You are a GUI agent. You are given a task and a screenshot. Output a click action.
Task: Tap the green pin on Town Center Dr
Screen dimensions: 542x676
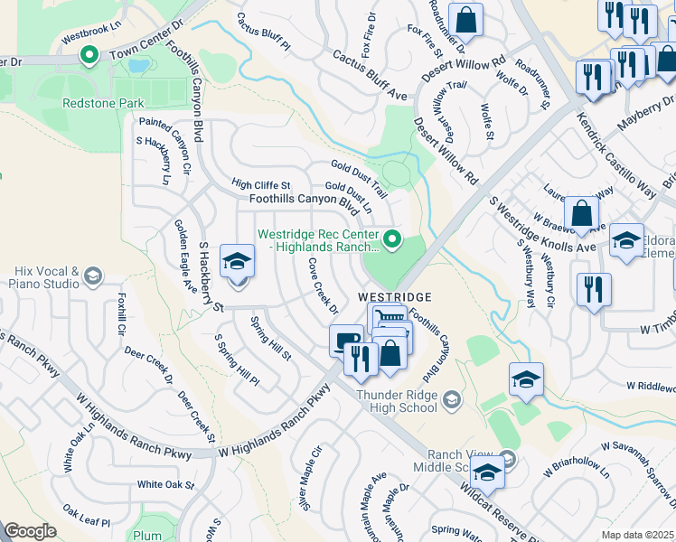(x=89, y=56)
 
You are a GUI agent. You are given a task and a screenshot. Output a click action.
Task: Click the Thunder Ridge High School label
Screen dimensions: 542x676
(x=398, y=401)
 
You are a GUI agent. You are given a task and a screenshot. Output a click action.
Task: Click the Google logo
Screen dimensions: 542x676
(x=31, y=531)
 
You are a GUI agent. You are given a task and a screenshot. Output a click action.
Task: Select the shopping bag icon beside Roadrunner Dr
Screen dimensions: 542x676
(x=465, y=19)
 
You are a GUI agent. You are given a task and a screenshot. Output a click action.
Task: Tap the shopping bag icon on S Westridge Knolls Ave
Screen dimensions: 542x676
(x=583, y=214)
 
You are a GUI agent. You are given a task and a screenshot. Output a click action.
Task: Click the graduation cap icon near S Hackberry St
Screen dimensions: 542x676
(x=237, y=262)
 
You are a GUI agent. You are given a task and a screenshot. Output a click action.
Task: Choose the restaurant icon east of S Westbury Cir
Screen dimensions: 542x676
(x=595, y=290)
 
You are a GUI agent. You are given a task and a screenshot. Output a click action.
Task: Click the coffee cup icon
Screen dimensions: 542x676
(x=346, y=341)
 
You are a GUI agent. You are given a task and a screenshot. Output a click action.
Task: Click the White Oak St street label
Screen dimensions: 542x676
(x=165, y=485)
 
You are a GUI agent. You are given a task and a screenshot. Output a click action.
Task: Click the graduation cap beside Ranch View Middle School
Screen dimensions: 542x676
(x=486, y=472)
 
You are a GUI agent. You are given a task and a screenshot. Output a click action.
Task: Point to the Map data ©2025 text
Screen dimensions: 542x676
(x=637, y=535)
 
